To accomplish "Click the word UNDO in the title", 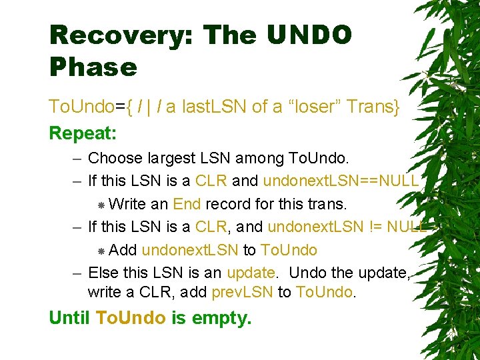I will tap(312, 35).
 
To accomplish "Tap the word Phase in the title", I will tap(93, 67).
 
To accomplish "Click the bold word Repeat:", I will tap(83, 133).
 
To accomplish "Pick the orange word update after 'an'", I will tap(251, 273).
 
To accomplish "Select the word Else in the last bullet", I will tap(101, 273).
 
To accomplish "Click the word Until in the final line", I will tap(69, 318).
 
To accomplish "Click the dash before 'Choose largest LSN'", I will tap(78, 159).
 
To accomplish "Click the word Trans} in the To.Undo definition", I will tap(375, 107).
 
